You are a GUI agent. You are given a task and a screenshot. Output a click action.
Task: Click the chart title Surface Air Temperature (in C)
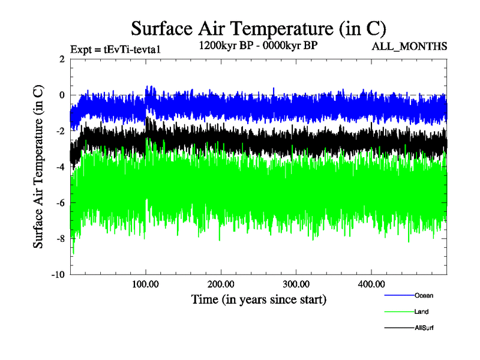pyautogui.click(x=258, y=28)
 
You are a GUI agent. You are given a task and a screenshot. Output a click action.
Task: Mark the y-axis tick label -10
pyautogui.click(x=58, y=275)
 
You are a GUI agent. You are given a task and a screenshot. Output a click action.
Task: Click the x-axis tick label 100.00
pyautogui.click(x=145, y=284)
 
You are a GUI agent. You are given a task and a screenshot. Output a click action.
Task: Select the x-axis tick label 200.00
pyautogui.click(x=221, y=284)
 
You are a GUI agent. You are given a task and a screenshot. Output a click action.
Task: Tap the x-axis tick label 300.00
pyautogui.click(x=296, y=284)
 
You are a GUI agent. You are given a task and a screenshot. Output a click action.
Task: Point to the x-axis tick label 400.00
pyautogui.click(x=371, y=284)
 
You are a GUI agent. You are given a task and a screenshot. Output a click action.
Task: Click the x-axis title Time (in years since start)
pyautogui.click(x=259, y=299)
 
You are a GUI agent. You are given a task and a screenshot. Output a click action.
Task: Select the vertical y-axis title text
pyautogui.click(x=38, y=167)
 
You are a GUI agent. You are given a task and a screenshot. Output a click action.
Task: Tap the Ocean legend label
pyautogui.click(x=423, y=295)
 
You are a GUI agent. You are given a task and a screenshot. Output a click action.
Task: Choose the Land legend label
pyautogui.click(x=421, y=311)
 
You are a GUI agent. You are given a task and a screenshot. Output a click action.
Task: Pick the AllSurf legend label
pyautogui.click(x=424, y=328)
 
